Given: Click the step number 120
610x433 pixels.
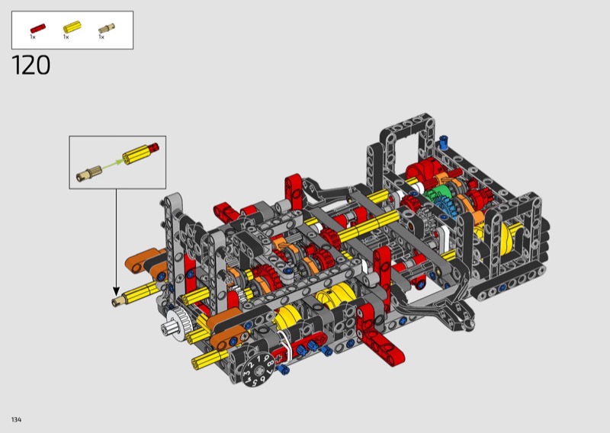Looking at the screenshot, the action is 31,65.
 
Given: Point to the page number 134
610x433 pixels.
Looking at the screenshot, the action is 16,419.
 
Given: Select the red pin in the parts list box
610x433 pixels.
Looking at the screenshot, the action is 38,28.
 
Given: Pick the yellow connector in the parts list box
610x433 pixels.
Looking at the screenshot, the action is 72,27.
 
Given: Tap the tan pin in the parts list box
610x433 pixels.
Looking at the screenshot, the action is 106,28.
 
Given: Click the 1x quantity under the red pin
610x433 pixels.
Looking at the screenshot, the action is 33,37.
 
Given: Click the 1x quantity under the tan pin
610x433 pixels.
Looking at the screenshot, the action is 101,37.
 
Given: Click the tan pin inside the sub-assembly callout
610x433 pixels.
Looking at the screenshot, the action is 89,174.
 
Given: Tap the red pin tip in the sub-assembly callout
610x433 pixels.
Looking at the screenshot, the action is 156,147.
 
